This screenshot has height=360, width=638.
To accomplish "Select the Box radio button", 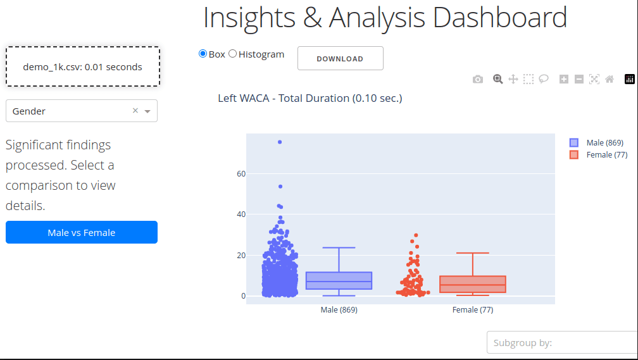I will click(203, 54).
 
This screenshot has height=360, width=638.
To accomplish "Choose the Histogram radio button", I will click(232, 54).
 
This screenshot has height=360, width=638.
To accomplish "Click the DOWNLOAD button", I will click(340, 58).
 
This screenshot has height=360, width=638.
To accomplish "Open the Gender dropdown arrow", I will click(147, 111).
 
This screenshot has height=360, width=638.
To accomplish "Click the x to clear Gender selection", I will click(135, 111).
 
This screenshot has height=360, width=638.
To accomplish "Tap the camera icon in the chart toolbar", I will click(478, 79).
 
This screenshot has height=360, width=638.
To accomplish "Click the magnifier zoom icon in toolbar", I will click(498, 79).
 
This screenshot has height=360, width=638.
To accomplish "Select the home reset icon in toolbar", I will click(610, 79).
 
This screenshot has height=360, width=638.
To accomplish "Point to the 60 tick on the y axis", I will click(241, 173).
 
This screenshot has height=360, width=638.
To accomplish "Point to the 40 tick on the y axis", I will click(241, 214).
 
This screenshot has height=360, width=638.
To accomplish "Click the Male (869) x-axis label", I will click(339, 310).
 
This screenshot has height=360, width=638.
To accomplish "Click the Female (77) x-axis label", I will click(472, 310).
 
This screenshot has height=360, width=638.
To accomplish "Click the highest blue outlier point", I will click(280, 142).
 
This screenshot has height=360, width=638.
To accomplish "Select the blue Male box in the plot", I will click(339, 281).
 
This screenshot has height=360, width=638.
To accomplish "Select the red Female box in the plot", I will click(472, 284).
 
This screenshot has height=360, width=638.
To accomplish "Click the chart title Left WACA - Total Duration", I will click(310, 98).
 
